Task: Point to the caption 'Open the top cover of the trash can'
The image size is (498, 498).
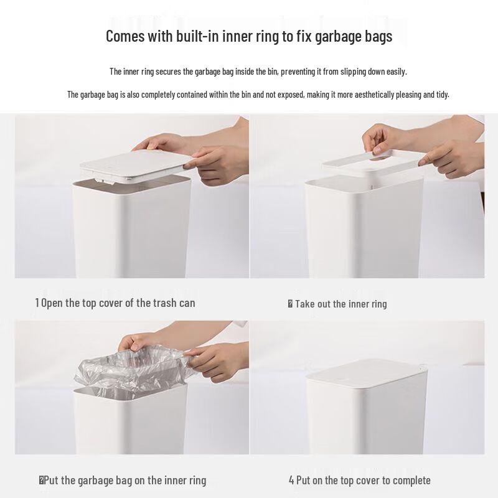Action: (118, 303)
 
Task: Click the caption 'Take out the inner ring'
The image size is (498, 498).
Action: (341, 304)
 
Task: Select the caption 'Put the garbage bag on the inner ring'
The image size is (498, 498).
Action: (125, 480)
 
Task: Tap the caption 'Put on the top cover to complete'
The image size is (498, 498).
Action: (364, 480)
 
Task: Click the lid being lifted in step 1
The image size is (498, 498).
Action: (136, 167)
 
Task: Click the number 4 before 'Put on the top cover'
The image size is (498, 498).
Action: (291, 480)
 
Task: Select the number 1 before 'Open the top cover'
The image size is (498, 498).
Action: (37, 303)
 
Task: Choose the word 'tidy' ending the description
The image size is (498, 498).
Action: (443, 95)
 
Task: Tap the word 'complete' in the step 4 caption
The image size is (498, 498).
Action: (411, 480)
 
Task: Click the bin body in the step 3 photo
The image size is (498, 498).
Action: (130, 423)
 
